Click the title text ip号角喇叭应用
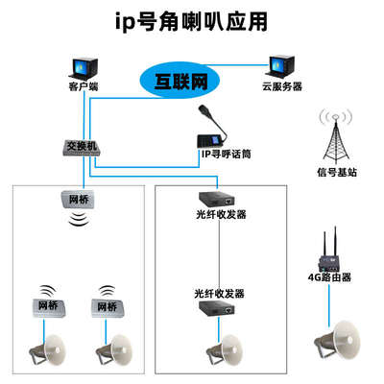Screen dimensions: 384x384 pos(191,19)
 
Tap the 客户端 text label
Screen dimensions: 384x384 pos(83,87)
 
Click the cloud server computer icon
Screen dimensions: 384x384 pos(282,62)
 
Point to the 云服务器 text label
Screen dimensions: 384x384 pos(282,86)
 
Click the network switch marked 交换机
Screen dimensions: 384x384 pos(83,147)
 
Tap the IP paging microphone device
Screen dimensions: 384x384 pos(210,130)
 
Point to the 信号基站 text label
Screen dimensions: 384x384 pos(334,174)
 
